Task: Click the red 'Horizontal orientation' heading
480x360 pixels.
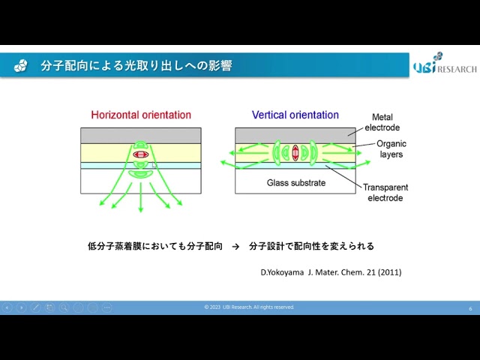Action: (141, 115)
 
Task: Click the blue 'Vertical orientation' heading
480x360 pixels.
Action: (295, 115)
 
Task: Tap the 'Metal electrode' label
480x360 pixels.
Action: (382, 122)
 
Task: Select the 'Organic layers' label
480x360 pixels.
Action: (391, 149)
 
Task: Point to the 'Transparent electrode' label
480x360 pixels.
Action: (385, 193)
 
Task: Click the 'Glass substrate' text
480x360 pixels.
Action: (296, 183)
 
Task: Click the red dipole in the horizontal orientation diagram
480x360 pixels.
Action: (141, 154)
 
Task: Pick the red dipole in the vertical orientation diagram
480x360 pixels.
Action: (295, 153)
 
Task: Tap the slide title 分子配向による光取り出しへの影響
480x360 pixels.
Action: (136, 66)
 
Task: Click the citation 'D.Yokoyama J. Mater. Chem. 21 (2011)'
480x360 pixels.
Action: (331, 272)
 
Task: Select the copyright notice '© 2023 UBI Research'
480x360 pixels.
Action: (249, 307)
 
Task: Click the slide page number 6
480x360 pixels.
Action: (470, 308)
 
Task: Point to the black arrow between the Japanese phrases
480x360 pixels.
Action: (235, 247)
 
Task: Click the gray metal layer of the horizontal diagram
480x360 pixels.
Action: (141, 136)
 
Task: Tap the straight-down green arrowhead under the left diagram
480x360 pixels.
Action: (141, 209)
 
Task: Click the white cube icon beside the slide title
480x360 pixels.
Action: (20, 65)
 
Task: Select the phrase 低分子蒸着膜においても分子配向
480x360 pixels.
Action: (155, 246)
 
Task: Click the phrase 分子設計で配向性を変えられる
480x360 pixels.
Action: (312, 246)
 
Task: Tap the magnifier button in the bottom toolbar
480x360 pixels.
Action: (64, 307)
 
